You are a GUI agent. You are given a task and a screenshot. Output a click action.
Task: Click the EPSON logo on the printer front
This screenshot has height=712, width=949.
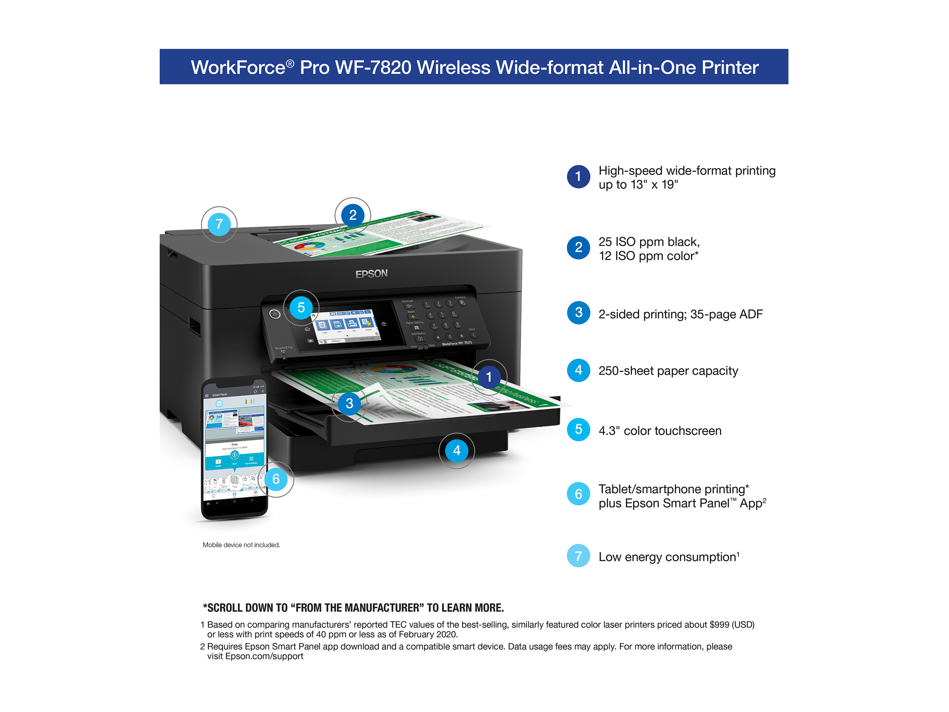(x=371, y=274)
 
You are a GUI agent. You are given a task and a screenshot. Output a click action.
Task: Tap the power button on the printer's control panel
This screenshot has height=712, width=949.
(x=275, y=314)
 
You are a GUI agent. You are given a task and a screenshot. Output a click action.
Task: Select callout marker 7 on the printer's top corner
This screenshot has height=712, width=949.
(x=219, y=224)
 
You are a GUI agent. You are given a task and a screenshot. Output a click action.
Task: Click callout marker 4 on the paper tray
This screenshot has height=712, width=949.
(x=456, y=451)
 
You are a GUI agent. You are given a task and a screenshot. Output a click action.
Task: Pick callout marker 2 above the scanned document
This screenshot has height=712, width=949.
(x=353, y=215)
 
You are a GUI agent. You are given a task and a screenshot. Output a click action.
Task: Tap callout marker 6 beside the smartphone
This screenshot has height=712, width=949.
(x=276, y=479)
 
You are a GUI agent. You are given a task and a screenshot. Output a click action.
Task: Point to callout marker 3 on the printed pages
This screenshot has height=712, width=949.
(x=349, y=403)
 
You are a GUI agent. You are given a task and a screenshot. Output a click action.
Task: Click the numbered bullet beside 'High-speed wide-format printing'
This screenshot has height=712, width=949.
(x=578, y=176)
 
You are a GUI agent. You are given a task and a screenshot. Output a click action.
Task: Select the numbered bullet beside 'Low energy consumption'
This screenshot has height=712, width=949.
(x=578, y=556)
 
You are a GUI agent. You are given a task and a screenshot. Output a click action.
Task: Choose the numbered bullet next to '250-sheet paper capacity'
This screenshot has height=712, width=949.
(x=578, y=370)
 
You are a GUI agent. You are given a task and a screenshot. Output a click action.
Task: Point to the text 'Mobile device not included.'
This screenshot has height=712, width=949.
(x=241, y=545)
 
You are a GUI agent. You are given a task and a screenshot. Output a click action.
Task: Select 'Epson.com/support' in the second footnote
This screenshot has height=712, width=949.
(x=264, y=656)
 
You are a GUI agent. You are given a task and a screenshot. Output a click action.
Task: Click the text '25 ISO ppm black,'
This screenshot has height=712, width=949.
(x=649, y=242)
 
